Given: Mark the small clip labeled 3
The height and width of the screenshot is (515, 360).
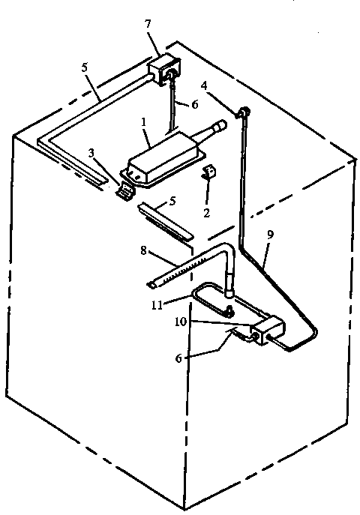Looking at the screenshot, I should coord(124,192).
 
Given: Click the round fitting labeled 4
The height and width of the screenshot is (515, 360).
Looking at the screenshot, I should coord(244,112).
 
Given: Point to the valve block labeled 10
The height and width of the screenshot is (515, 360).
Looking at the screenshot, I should coord(265,331).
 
